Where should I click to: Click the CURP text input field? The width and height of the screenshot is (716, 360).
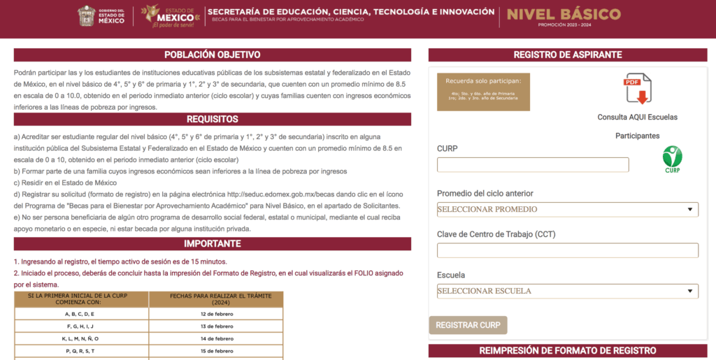(533, 165)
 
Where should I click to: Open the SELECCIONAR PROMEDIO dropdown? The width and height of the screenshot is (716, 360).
(567, 209)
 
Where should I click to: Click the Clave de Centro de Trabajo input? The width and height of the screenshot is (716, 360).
(567, 250)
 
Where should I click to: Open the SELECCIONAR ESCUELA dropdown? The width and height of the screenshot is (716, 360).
(567, 291)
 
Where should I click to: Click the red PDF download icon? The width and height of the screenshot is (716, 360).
(638, 89)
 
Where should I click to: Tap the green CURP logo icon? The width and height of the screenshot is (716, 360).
(672, 159)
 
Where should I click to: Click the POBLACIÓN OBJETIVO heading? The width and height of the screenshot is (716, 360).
(212, 55)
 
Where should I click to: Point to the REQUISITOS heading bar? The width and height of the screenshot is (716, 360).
(212, 120)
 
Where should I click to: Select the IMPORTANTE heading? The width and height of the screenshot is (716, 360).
(212, 244)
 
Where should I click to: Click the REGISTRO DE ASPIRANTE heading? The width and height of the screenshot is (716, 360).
(567, 55)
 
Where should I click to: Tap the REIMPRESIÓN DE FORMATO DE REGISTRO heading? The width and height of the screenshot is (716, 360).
(567, 350)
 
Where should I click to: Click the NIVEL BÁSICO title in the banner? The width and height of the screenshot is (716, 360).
(564, 14)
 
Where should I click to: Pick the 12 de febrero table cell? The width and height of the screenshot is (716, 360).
(216, 313)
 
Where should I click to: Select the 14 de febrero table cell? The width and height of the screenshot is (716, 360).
(216, 338)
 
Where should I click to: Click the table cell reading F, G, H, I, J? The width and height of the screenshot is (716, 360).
(82, 326)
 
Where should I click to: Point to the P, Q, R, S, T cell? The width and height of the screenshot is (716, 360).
(82, 351)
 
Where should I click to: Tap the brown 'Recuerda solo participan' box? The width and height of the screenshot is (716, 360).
(483, 92)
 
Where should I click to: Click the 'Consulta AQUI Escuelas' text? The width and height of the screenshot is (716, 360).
(637, 117)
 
